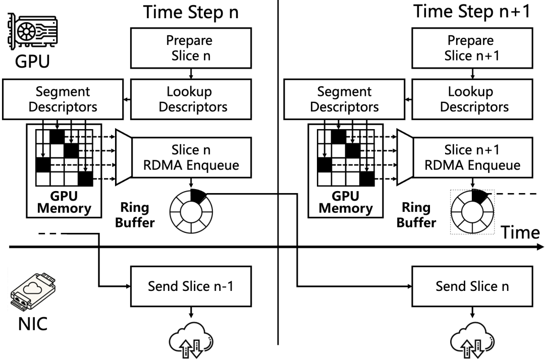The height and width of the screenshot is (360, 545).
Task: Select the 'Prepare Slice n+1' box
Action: pos(471,48)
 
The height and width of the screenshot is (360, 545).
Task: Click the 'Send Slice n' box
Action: pos(471,287)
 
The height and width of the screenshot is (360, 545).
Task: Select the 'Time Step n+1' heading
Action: pos(471,12)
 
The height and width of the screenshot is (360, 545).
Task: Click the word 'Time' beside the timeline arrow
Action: pos(520,232)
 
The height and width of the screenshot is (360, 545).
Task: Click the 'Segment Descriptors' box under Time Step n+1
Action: pos(344,99)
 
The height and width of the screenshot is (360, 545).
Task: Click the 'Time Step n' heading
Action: pos(191,12)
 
